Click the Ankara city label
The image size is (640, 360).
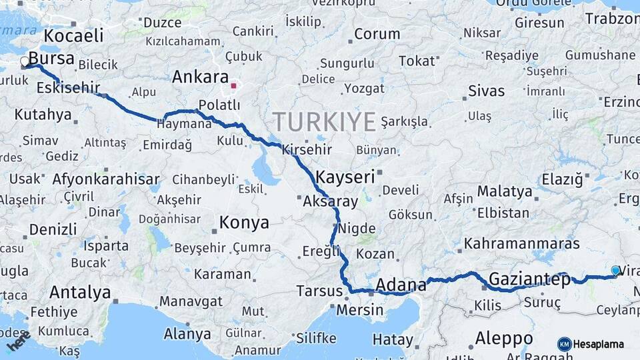200,77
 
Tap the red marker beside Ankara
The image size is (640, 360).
233,85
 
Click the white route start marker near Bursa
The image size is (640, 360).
25,62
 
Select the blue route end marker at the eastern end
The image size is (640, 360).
615,270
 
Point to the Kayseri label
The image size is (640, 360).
345,177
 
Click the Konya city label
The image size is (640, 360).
245,223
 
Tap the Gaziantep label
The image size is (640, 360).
529,279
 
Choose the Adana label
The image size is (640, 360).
401,285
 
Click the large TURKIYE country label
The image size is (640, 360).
325,122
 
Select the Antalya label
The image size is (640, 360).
80,292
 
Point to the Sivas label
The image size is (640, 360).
486,91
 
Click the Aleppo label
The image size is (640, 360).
503,337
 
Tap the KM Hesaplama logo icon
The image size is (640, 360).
564,344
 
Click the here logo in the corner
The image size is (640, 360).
19,341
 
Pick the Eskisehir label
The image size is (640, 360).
68,87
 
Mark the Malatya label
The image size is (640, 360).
505,192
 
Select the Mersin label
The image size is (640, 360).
360,310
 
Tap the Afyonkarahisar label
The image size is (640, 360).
106,179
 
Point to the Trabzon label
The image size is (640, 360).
612,19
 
